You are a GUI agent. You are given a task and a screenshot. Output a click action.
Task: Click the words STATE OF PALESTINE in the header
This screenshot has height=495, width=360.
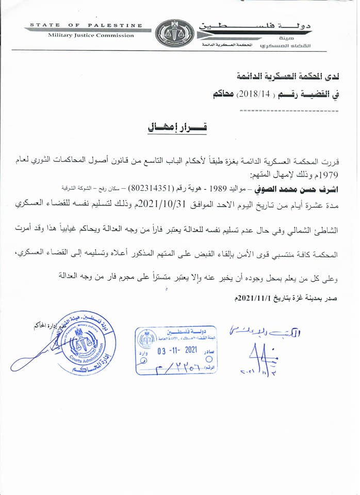click(x=86, y=25)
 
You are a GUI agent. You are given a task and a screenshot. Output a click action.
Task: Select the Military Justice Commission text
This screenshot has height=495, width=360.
click(x=91, y=36)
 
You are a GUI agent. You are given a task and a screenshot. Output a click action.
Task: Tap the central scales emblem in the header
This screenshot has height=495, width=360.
click(x=174, y=34)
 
